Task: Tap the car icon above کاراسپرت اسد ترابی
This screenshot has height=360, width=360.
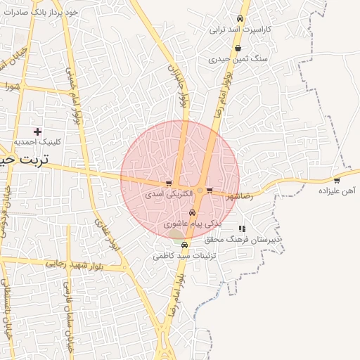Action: [x=240, y=19]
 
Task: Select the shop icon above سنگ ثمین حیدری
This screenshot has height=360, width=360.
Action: [x=238, y=49]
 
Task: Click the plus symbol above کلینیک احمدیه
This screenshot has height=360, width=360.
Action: [x=37, y=131]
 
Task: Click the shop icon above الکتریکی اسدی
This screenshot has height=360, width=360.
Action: [x=169, y=184]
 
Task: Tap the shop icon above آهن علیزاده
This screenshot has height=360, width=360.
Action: [x=336, y=181]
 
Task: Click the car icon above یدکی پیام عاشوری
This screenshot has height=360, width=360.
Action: [x=193, y=213]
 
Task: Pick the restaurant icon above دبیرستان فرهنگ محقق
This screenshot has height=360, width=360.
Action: [x=242, y=229]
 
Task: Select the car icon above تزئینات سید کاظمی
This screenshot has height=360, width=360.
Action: [x=185, y=245]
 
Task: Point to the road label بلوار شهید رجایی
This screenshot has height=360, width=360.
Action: [x=75, y=265]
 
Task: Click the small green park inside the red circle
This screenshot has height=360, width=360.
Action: [x=176, y=234]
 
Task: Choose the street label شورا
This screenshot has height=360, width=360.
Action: [x=11, y=87]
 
